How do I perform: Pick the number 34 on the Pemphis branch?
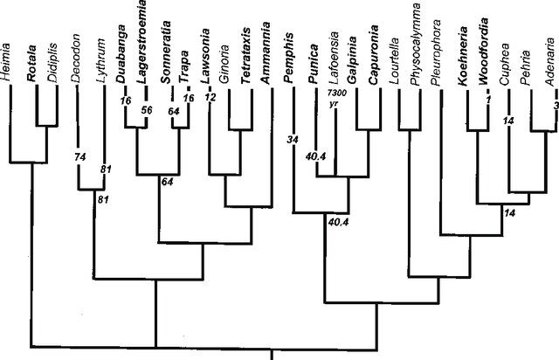coord(293,138)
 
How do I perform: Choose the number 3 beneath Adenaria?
coord(556,106)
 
